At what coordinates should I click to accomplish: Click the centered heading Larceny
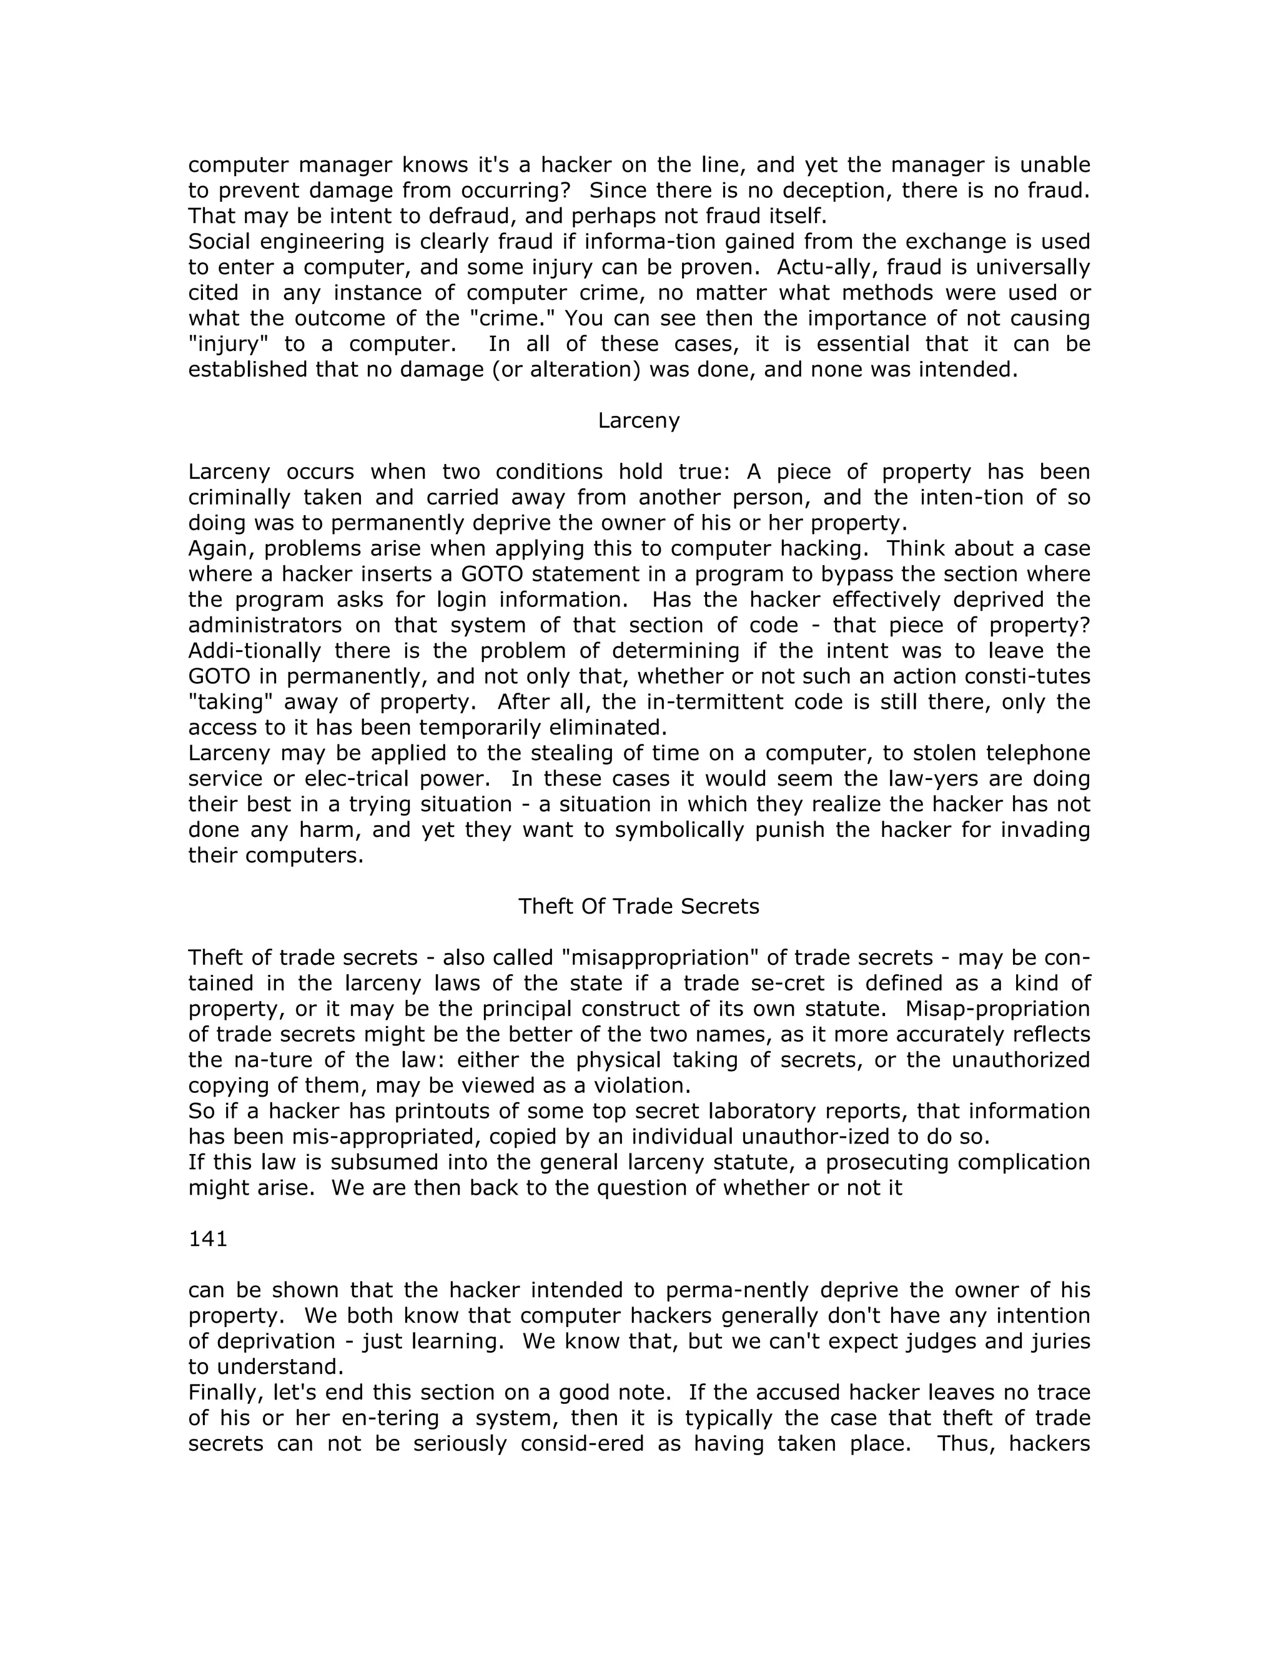click(638, 420)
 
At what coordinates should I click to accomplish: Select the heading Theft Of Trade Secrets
click(638, 906)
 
